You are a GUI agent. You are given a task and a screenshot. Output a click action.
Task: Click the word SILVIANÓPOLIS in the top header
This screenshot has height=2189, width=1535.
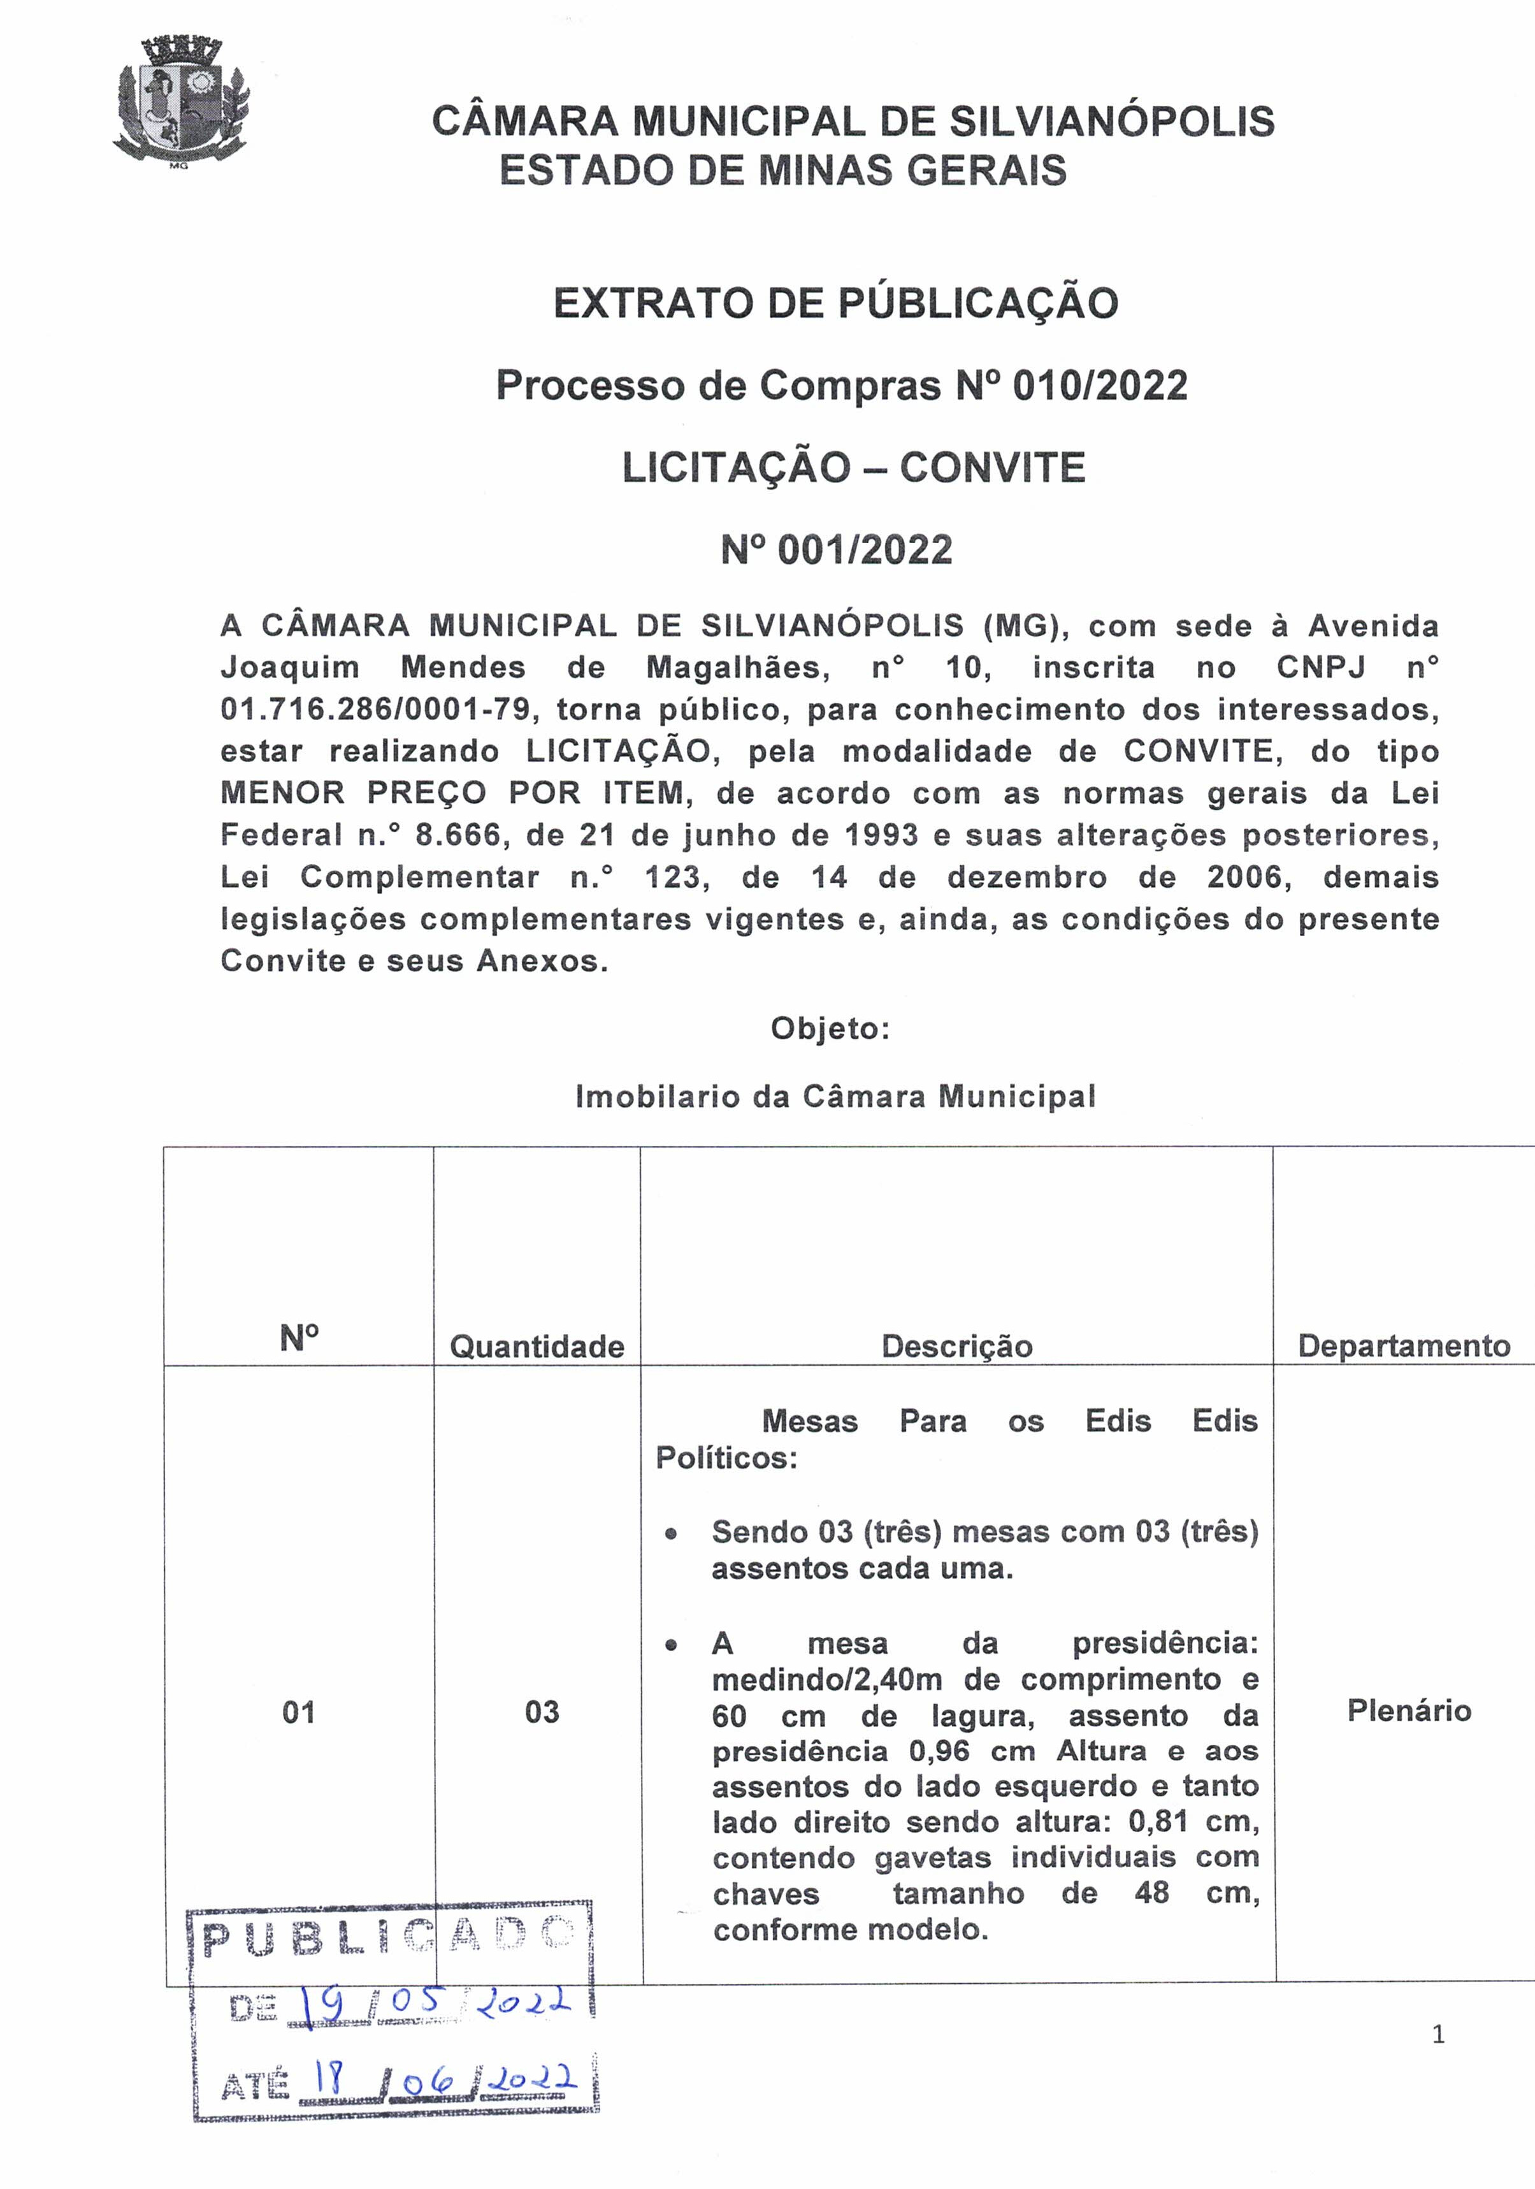(x=1112, y=122)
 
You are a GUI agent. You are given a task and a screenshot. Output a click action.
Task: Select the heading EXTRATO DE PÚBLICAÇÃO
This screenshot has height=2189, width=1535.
(x=835, y=303)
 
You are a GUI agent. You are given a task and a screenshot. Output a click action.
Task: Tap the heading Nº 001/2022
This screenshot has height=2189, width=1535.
(x=836, y=550)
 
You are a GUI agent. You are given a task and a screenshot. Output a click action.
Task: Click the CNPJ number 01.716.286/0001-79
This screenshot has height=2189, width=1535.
(x=375, y=709)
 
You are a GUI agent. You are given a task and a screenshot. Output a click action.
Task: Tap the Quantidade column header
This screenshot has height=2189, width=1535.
(x=537, y=1346)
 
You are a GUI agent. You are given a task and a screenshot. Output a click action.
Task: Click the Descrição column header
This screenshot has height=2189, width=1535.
(x=956, y=1346)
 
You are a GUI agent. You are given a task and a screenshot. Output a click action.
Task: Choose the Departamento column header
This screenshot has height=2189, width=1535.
(x=1404, y=1345)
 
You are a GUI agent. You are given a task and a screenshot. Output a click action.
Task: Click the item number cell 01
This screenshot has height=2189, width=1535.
(x=298, y=1712)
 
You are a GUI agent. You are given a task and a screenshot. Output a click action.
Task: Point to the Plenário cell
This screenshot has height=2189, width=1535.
(x=1408, y=1710)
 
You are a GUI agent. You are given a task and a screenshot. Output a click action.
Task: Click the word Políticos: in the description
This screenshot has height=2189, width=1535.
(x=726, y=1458)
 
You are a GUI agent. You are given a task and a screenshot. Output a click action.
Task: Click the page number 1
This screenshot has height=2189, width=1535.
(x=1438, y=2035)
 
